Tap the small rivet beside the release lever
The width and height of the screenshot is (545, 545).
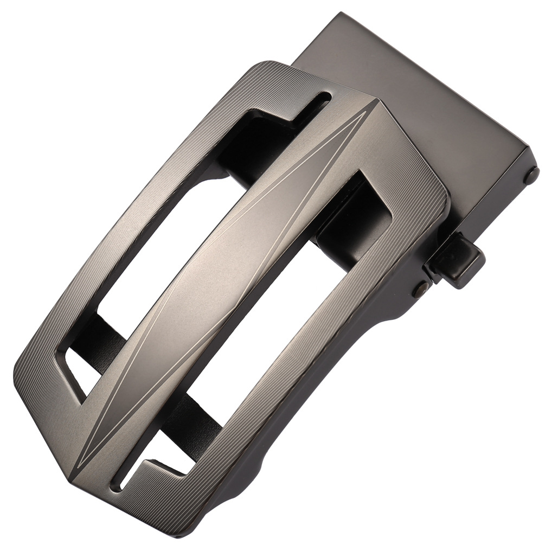[420, 288]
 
